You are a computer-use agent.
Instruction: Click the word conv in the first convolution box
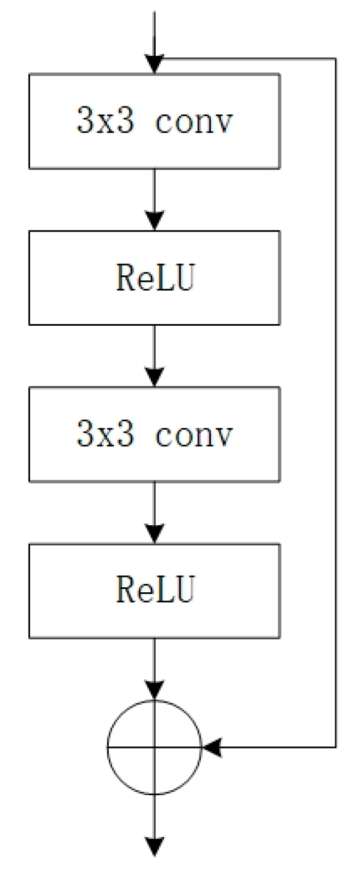click(193, 121)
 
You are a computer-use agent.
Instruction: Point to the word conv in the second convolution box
click(193, 435)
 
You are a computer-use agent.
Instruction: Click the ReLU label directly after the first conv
click(155, 278)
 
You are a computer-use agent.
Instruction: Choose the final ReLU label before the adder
click(155, 590)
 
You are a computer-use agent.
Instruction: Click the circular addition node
click(155, 747)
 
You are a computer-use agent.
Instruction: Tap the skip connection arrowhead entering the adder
click(212, 747)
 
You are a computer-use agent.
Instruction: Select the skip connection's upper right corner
click(336, 59)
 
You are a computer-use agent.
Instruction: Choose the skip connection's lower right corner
click(336, 747)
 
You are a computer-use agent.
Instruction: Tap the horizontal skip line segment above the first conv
click(246, 59)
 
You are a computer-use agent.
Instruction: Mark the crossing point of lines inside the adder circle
click(155, 747)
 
